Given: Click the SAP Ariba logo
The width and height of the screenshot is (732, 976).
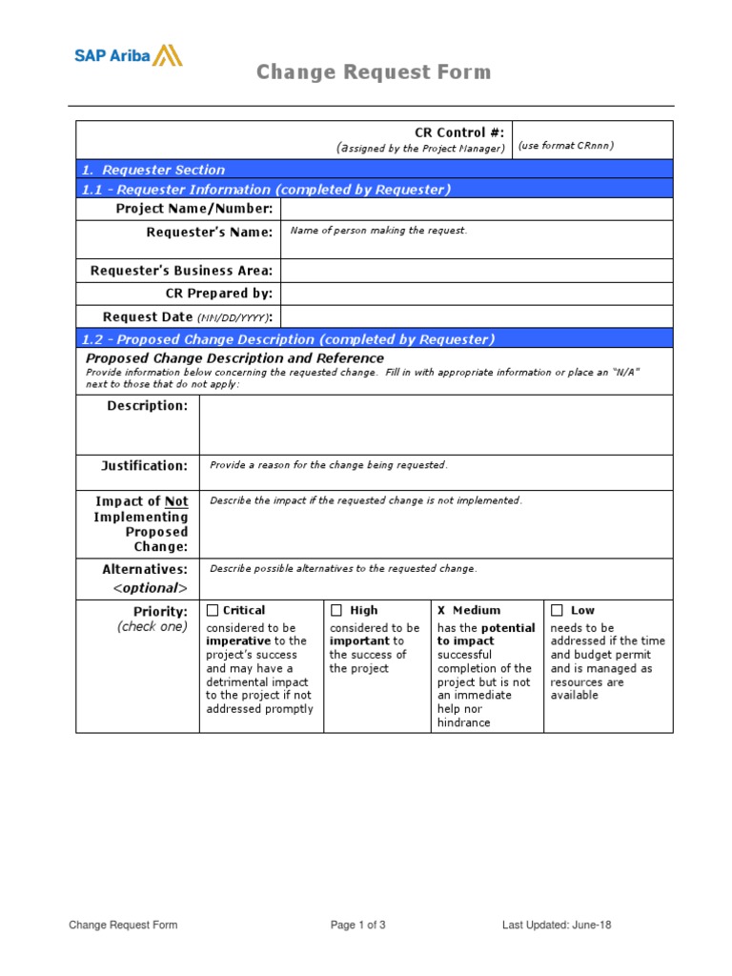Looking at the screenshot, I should click(129, 55).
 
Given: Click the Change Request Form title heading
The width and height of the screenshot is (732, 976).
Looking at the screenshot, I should click(374, 72).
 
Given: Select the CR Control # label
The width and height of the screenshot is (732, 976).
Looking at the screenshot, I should click(458, 132).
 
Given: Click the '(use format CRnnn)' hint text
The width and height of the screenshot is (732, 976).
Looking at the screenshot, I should click(566, 146).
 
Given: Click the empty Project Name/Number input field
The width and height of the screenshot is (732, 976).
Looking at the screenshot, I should click(476, 209).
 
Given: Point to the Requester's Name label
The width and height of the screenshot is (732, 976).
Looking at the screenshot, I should click(209, 233).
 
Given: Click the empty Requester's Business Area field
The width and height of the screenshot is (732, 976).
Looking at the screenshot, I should click(476, 271).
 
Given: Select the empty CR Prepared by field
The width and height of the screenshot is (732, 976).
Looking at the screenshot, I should click(476, 294).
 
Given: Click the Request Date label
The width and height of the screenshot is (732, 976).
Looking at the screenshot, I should click(187, 316).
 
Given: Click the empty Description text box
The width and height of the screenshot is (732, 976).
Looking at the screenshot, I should click(436, 425).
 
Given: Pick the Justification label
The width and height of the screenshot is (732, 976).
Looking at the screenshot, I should click(145, 466).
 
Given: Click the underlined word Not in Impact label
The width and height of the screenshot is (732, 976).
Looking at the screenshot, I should click(176, 501).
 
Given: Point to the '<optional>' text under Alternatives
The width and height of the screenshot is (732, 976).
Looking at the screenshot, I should click(151, 588).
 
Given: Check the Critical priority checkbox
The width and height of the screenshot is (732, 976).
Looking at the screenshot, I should click(213, 610).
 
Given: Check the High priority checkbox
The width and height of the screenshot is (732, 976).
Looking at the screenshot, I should click(336, 610).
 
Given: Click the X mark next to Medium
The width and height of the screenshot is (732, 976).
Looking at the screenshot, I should click(441, 610).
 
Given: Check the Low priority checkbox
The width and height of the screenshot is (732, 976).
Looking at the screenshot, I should click(557, 610).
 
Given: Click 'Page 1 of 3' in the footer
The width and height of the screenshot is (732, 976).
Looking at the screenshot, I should click(357, 925).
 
